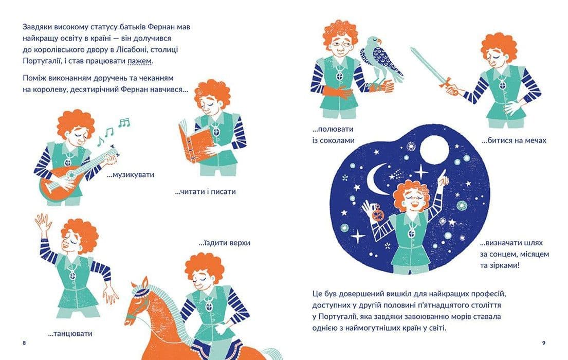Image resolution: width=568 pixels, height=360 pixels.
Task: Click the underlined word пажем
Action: point(139,61)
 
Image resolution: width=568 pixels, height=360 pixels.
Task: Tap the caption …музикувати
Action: point(131,175)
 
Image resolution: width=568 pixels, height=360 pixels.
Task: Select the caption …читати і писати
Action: point(206,192)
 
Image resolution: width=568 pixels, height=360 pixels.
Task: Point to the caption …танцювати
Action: point(70,334)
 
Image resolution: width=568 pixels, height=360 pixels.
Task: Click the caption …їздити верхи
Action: point(225,243)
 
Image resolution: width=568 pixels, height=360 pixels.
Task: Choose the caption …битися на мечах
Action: point(514,141)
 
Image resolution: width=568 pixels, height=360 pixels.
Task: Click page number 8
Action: point(24,343)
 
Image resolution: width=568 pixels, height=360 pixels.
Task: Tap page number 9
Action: point(543,343)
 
